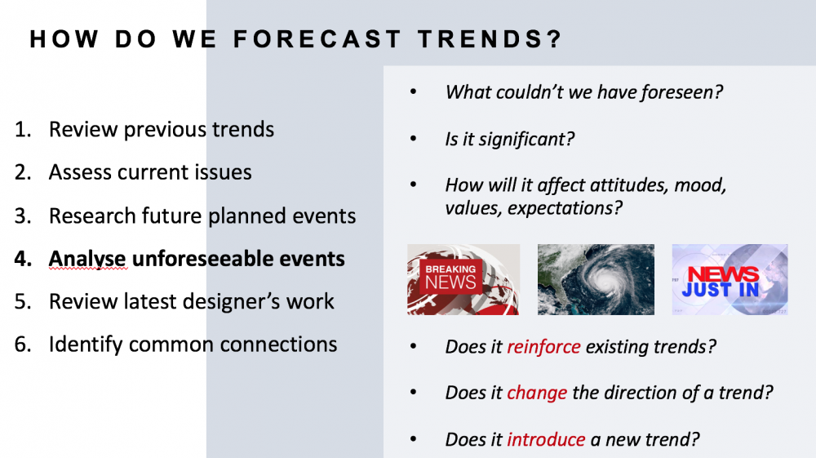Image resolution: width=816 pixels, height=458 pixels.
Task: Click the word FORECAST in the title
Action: pyautogui.click(x=317, y=39)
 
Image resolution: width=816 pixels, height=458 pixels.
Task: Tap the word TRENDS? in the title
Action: pyautogui.click(x=490, y=39)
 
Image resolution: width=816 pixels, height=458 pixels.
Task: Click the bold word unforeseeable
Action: pyautogui.click(x=237, y=259)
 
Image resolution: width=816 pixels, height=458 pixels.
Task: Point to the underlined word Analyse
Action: pyautogui.click(x=87, y=259)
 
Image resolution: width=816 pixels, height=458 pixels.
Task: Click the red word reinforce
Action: pyautogui.click(x=543, y=347)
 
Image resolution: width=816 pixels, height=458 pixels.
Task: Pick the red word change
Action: pyautogui.click(x=537, y=393)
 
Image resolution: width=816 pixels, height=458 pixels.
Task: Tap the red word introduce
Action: pyautogui.click(x=546, y=439)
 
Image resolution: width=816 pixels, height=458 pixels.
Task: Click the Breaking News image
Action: pyautogui.click(x=463, y=279)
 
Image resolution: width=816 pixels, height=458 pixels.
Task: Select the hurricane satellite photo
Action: pyautogui.click(x=596, y=279)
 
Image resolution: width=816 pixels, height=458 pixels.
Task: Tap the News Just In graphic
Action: pyautogui.click(x=730, y=279)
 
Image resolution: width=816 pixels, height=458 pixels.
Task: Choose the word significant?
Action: pyautogui.click(x=526, y=140)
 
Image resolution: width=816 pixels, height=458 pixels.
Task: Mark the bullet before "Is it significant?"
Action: pyautogui.click(x=414, y=139)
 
